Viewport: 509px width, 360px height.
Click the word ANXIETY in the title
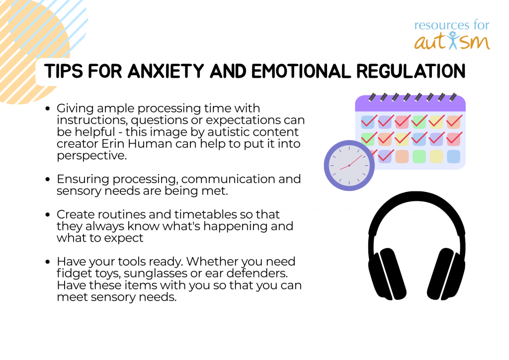(166, 71)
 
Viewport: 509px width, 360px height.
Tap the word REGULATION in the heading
(411, 71)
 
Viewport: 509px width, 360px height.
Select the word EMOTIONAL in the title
(301, 71)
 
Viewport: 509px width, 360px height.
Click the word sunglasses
(155, 273)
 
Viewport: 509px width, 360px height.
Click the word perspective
(91, 156)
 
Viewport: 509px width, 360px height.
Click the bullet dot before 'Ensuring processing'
(48, 179)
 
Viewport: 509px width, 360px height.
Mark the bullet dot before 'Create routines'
(48, 215)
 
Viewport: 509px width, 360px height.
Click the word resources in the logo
(440, 25)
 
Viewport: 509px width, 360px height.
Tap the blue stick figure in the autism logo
(452, 41)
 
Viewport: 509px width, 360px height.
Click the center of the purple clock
(349, 166)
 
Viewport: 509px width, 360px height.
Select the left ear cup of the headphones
(387, 273)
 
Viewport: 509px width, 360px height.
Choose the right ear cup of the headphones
(446, 273)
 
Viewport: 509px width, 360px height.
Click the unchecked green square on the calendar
(419, 157)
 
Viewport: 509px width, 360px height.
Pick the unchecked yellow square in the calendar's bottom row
(436, 157)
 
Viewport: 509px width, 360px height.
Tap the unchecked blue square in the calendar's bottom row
(453, 157)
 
